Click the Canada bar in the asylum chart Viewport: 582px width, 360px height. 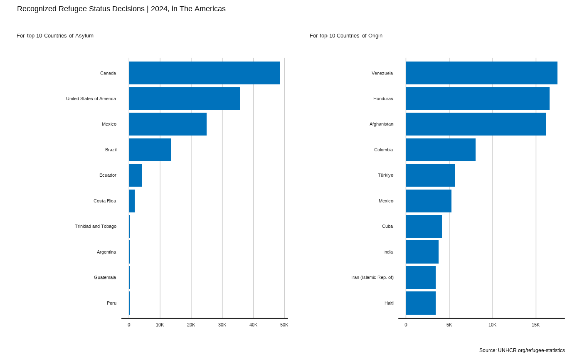click(204, 73)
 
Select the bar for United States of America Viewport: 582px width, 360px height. click(184, 99)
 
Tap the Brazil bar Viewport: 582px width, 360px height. click(150, 150)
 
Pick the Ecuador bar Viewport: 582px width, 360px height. click(135, 175)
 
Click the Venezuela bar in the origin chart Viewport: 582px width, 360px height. click(481, 73)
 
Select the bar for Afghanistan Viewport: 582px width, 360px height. click(476, 124)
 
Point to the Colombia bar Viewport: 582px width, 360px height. click(441, 150)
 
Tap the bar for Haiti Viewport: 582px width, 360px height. click(421, 303)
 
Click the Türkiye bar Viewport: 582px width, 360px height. click(430, 175)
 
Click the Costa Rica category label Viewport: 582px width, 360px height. click(105, 201)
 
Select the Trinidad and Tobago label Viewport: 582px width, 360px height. click(96, 226)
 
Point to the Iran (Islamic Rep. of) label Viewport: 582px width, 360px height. click(372, 277)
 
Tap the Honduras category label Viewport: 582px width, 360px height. click(383, 99)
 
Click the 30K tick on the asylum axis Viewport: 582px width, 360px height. click(222, 325)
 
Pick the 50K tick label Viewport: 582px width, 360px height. click(284, 325)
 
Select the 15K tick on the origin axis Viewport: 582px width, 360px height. click(536, 325)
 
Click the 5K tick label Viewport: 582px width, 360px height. click(449, 325)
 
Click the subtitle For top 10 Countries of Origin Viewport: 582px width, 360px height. click(346, 36)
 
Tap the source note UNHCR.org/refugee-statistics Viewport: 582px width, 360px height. click(522, 350)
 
